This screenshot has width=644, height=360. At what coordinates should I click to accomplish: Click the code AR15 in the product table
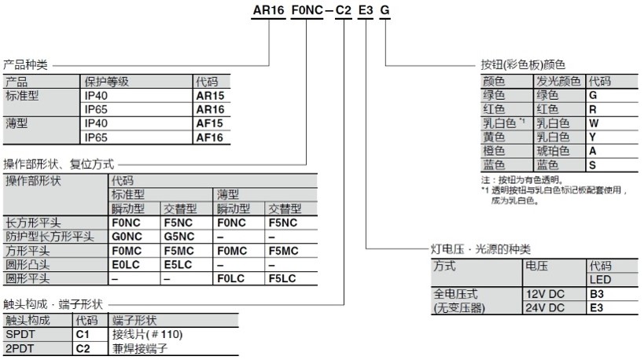pos(209,95)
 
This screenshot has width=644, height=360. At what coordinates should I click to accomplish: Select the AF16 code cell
pos(209,137)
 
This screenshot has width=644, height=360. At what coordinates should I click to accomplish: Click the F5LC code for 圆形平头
pos(282,277)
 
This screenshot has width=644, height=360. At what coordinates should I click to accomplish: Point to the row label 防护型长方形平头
pos(50,236)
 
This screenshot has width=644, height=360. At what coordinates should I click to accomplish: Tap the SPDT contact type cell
pos(20,334)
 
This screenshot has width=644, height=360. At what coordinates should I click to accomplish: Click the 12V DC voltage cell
pos(543,294)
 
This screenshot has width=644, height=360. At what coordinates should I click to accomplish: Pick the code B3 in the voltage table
pos(597,294)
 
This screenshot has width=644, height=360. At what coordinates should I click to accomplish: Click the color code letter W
pos(594,123)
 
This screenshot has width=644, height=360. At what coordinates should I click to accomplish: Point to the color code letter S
pos(592,165)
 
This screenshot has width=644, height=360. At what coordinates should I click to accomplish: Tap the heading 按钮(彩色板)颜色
pos(523,64)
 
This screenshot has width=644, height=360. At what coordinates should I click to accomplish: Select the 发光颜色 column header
pos(558,81)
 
